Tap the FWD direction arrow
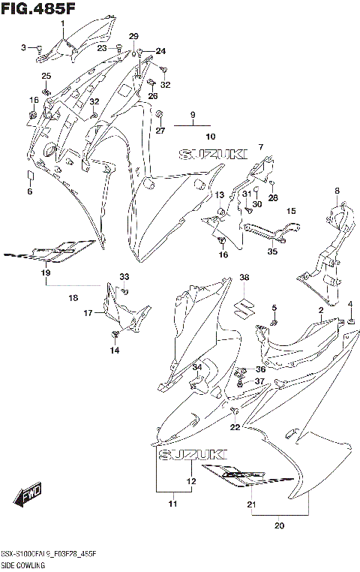click(x=28, y=495)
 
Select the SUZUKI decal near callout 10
click(x=213, y=154)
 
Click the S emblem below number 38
click(x=244, y=308)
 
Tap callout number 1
click(x=63, y=23)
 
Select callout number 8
click(x=337, y=191)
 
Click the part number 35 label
click(x=272, y=252)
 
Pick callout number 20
click(x=280, y=525)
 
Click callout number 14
click(x=115, y=351)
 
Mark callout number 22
click(x=235, y=427)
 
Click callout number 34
click(x=197, y=367)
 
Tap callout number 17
click(x=88, y=313)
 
